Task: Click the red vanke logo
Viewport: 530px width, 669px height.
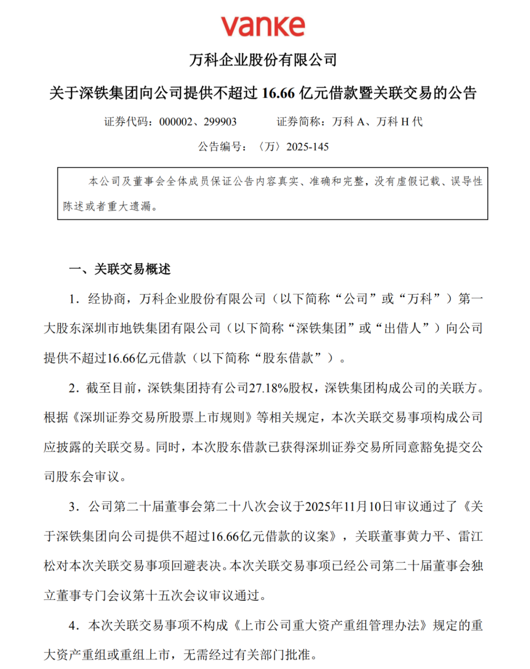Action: point(263,26)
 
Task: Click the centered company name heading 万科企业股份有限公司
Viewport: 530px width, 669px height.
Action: point(264,60)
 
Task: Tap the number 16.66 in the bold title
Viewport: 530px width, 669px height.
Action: point(278,93)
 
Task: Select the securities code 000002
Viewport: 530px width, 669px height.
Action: point(175,122)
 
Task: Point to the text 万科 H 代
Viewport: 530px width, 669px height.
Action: point(399,122)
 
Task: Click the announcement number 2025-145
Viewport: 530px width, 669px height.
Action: point(307,147)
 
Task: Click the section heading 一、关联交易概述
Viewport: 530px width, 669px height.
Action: point(120,269)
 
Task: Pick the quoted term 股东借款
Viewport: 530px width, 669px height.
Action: point(288,358)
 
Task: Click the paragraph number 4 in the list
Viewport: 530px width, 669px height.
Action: point(73,626)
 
